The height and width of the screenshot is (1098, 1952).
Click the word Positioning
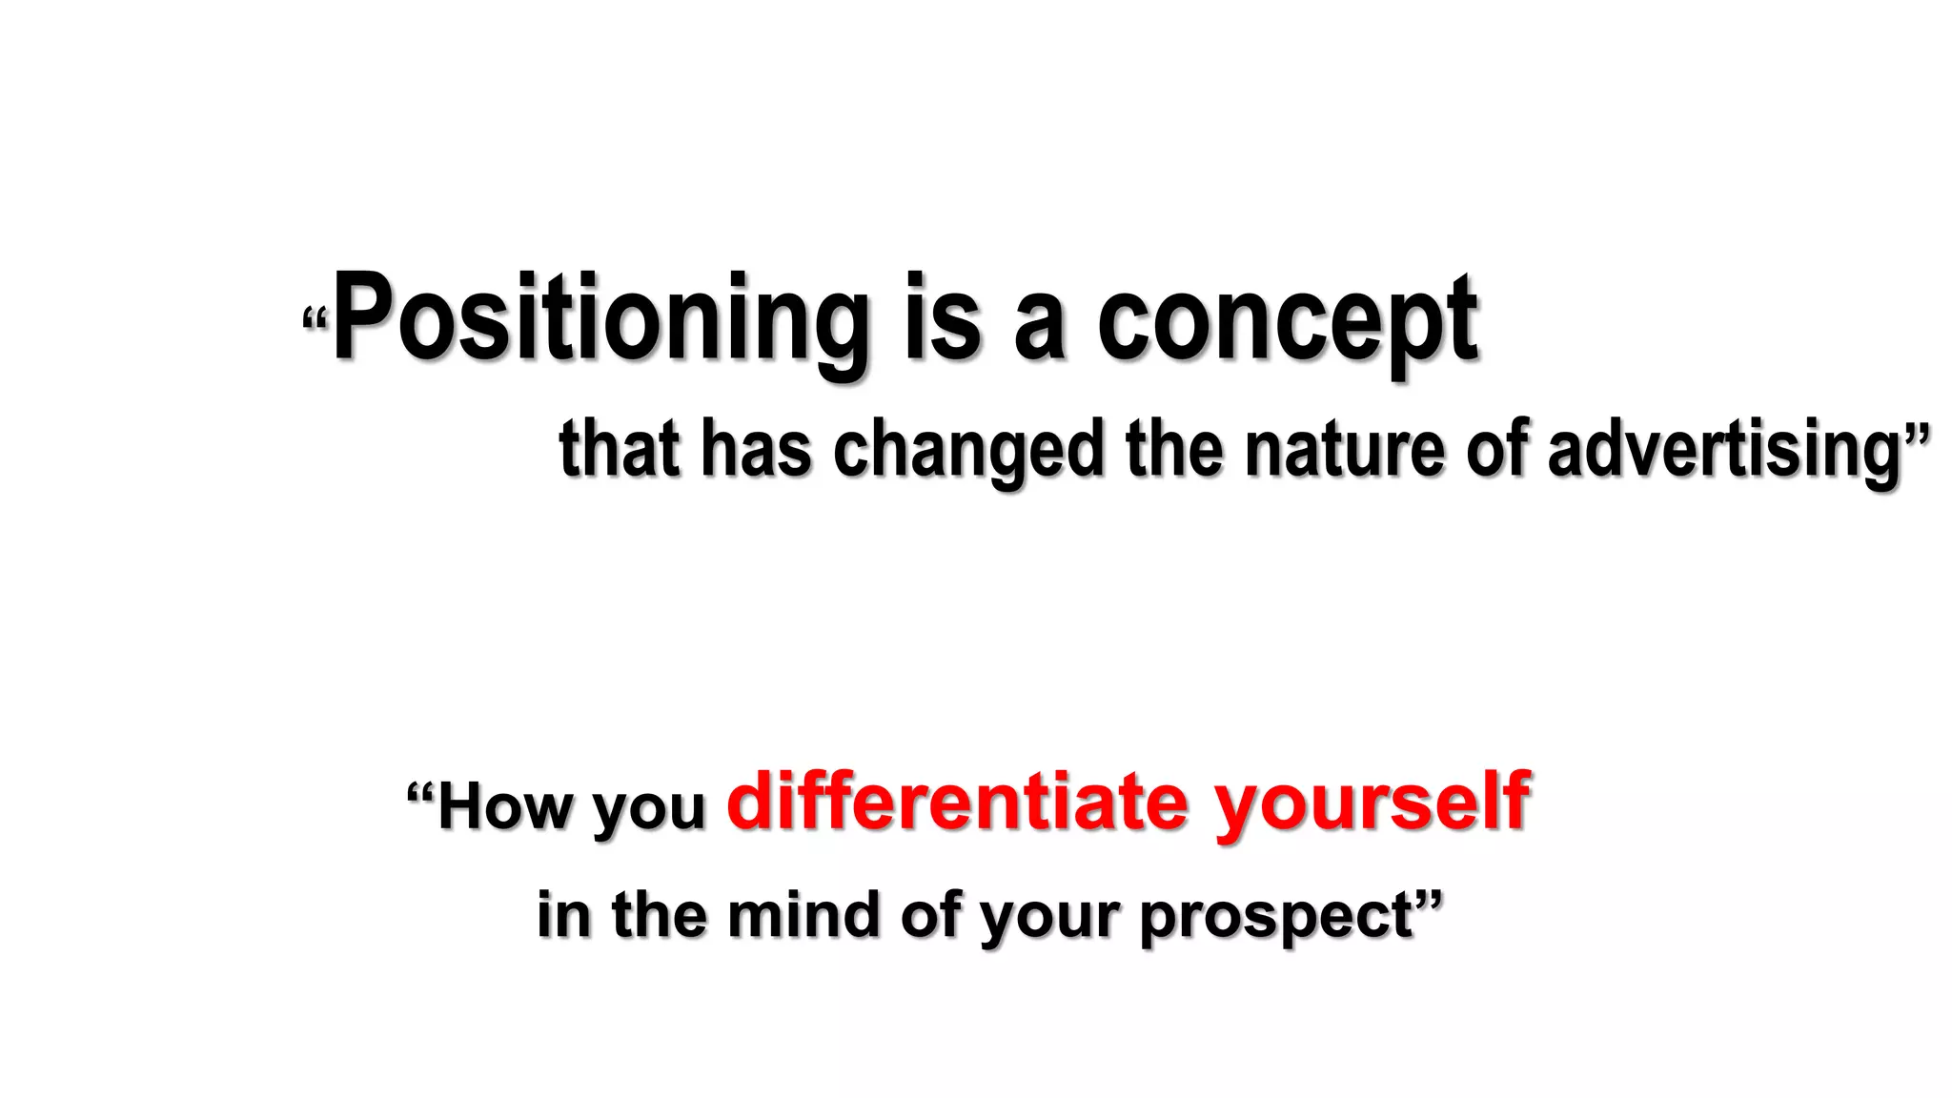coord(600,319)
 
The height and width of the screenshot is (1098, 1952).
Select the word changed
coord(967,450)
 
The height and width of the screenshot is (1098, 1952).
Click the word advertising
coord(1723,450)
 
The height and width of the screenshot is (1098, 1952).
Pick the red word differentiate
coord(957,802)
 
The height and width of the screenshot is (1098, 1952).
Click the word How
coord(506,807)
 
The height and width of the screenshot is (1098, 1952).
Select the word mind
coord(803,914)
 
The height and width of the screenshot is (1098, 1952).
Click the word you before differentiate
coord(648,810)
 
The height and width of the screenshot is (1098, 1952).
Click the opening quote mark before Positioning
coord(315,319)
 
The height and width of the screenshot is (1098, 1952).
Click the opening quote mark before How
coord(420,793)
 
